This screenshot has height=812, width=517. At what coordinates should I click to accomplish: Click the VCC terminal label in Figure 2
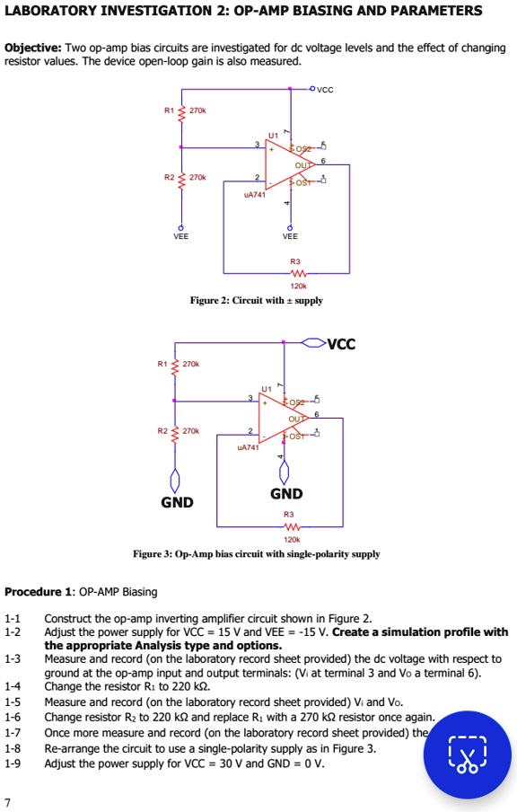pyautogui.click(x=326, y=89)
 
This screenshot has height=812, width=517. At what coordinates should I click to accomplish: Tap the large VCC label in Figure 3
pyautogui.click(x=341, y=343)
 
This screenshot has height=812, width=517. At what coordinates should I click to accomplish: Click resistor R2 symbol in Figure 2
pyautogui.click(x=181, y=179)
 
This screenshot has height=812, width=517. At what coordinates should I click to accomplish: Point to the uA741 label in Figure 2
pyautogui.click(x=257, y=193)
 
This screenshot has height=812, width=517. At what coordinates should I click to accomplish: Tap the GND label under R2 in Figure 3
pyautogui.click(x=176, y=502)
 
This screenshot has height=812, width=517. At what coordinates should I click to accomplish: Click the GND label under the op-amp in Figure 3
pyautogui.click(x=286, y=494)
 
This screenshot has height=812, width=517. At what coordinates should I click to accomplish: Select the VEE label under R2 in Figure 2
pyautogui.click(x=180, y=237)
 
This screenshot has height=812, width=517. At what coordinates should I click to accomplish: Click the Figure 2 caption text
pyautogui.click(x=256, y=300)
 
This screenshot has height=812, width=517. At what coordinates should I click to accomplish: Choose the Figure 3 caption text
pyautogui.click(x=256, y=554)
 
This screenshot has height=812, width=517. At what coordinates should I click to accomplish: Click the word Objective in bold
pyautogui.click(x=32, y=48)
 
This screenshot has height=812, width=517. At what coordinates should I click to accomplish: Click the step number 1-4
pyautogui.click(x=13, y=685)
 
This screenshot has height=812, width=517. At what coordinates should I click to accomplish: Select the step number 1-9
pyautogui.click(x=13, y=763)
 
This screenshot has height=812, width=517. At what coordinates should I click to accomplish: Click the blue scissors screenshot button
pyautogui.click(x=467, y=754)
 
